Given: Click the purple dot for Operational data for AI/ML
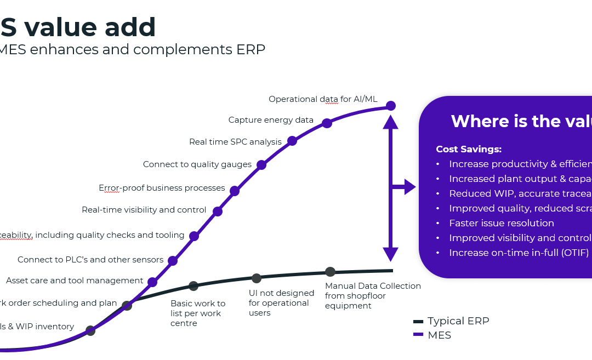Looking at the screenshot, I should [390, 105].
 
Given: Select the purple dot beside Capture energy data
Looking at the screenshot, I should [327, 123].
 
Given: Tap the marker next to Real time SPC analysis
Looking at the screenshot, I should [292, 141].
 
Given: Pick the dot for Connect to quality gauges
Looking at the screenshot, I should [261, 165].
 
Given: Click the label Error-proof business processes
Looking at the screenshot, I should [162, 188].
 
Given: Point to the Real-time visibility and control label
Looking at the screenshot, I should [144, 210].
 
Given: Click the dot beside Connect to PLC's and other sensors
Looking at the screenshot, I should [173, 261].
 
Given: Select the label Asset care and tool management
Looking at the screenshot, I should [75, 281].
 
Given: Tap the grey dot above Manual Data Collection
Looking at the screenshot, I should [330, 272].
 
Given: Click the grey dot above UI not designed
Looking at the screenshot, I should [256, 278].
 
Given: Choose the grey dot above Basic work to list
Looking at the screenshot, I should [193, 286].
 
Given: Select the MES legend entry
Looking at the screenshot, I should [439, 335].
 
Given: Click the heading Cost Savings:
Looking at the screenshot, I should [468, 149].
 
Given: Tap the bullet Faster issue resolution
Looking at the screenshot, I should [501, 223].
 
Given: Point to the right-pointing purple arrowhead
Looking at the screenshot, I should [411, 187].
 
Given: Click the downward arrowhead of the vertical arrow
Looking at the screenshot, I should [390, 254].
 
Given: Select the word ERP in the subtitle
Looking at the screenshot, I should [251, 49].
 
